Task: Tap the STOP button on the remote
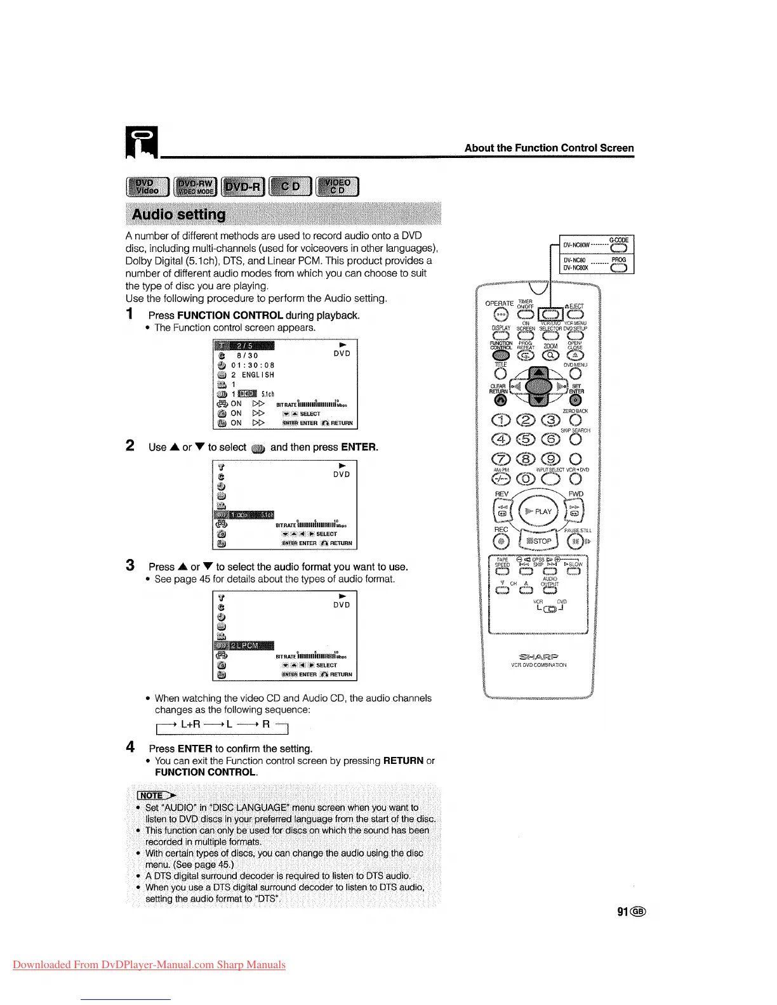(x=539, y=541)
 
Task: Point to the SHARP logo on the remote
(x=538, y=656)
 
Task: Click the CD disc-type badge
(x=291, y=187)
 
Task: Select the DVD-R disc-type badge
(x=243, y=187)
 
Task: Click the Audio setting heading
(x=178, y=214)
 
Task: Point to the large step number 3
(x=130, y=565)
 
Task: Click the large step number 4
(x=130, y=747)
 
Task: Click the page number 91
(x=623, y=912)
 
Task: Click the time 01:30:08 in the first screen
(x=253, y=365)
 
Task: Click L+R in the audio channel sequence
(x=190, y=724)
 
